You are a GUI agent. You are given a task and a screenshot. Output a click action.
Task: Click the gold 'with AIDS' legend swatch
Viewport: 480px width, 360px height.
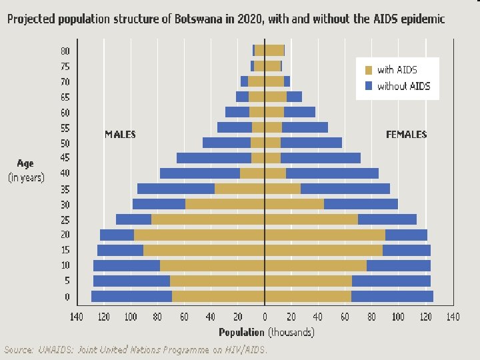coord(369,69)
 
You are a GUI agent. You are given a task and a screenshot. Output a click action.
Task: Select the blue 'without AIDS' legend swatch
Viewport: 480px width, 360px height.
coord(369,86)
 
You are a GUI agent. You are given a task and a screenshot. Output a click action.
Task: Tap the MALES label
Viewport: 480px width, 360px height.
coord(120,134)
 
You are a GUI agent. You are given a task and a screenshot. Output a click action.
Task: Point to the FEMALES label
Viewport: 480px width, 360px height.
coord(407,134)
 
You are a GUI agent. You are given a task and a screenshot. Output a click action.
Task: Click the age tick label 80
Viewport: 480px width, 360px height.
coord(65,51)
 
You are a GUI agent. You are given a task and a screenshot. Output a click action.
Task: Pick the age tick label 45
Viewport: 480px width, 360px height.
coord(65,158)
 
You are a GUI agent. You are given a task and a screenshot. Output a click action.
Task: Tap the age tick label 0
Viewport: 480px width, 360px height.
coord(67,297)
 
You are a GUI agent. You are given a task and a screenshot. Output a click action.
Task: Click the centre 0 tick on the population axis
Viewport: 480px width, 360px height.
coord(265,316)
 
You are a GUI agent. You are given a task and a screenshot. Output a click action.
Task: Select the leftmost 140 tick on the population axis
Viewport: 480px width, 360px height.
coord(77,316)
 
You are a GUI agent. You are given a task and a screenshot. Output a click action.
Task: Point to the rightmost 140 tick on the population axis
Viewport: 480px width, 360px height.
coord(453,316)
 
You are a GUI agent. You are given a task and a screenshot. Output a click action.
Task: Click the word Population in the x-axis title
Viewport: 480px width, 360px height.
coord(242,331)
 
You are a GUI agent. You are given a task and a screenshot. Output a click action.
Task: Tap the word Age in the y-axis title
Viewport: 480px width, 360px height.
coord(25,163)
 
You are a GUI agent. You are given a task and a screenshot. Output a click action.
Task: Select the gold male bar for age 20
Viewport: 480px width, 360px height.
coord(199,235)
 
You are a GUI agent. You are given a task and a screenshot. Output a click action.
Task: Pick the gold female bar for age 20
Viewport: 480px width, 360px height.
coord(325,235)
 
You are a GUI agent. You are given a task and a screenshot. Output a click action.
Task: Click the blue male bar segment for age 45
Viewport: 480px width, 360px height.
coord(214,158)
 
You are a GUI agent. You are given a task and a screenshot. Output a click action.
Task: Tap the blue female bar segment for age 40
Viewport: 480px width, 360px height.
coord(332,173)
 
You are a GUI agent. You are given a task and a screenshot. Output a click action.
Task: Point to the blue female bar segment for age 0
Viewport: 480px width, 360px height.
coord(392,296)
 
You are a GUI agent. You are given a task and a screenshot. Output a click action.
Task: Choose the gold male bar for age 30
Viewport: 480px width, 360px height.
coord(225,204)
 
